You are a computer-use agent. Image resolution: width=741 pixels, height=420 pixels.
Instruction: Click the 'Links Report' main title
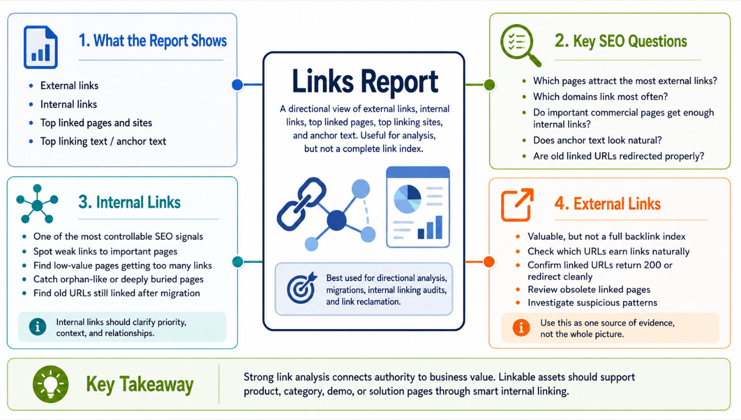[365, 81]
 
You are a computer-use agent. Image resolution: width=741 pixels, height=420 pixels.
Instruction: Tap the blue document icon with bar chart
[40, 47]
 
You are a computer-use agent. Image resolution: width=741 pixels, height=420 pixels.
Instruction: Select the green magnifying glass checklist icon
[520, 45]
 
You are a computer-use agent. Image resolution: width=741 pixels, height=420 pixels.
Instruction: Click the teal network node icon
[37, 204]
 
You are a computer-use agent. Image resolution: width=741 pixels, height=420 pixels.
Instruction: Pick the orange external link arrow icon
[517, 205]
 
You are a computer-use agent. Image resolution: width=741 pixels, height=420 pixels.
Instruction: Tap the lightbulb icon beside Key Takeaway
[51, 384]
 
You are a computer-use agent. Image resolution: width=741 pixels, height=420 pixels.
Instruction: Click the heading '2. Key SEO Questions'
[620, 41]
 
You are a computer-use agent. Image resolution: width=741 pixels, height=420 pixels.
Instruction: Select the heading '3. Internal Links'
[129, 202]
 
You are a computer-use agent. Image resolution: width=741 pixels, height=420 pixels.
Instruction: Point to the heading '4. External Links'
[607, 203]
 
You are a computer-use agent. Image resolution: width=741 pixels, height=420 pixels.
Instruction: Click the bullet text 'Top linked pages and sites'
[96, 123]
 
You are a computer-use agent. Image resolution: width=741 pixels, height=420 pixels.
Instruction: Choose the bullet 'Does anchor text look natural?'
[597, 140]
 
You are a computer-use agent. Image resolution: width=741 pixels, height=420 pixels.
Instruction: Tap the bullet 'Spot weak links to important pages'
[105, 252]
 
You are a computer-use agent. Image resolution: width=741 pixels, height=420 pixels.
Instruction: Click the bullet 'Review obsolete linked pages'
[589, 290]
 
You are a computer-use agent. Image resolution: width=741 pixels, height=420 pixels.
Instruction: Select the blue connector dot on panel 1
[237, 85]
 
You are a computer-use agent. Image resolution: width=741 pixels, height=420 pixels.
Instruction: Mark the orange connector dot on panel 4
[489, 262]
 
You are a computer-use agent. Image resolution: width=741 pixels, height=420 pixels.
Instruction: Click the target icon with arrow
[301, 288]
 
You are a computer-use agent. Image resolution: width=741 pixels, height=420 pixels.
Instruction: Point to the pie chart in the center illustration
[407, 199]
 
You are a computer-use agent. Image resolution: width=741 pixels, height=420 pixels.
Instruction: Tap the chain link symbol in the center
[301, 204]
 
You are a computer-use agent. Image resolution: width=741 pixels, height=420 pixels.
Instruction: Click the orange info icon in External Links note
[521, 328]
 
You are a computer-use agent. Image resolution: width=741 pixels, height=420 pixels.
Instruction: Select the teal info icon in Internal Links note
[38, 327]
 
